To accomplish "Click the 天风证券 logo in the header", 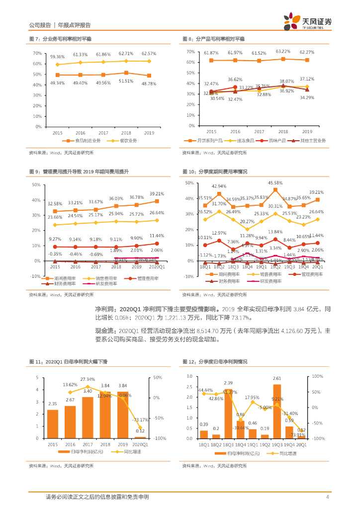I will pyautogui.click(x=307, y=20).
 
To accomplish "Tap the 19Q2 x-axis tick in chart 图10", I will pyautogui.click(x=275, y=267).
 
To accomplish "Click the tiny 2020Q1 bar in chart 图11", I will pyautogui.click(x=141, y=437).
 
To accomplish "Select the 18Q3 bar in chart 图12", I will pyautogui.click(x=228, y=414).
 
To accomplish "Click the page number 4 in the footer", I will pyautogui.click(x=327, y=497).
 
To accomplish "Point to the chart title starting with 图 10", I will pyautogui.click(x=214, y=171).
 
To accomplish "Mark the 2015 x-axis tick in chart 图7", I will pyautogui.click(x=57, y=133).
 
